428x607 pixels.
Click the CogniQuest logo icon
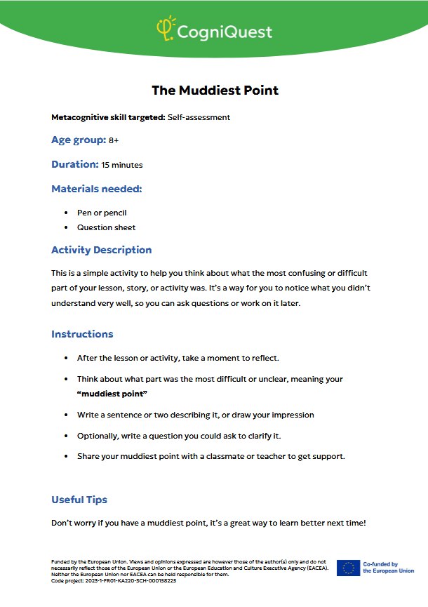(165, 29)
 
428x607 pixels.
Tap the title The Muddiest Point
(215, 91)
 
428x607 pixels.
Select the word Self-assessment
(199, 117)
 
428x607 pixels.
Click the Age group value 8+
(114, 140)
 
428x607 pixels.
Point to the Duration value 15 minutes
(122, 165)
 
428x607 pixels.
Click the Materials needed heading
(97, 189)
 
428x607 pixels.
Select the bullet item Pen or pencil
(102, 213)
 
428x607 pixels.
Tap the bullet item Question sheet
(106, 227)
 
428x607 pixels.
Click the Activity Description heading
(101, 250)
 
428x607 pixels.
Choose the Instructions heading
(82, 334)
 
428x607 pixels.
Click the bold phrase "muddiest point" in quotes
(107, 394)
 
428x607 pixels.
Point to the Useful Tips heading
(79, 500)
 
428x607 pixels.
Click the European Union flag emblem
(348, 568)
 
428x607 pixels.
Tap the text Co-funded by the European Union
(388, 568)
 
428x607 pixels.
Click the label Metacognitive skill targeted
(108, 117)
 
